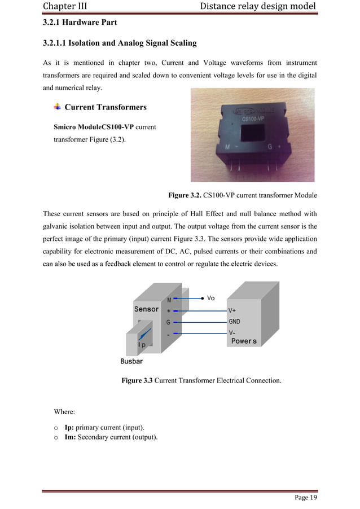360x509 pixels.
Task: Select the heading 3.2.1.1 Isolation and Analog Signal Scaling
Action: click(x=120, y=43)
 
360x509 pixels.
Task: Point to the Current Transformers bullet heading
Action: click(x=106, y=107)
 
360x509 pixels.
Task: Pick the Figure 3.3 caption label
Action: click(x=137, y=381)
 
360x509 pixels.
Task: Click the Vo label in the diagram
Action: click(x=211, y=298)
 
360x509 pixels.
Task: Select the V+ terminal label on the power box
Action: click(x=232, y=310)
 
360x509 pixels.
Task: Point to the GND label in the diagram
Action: click(x=235, y=322)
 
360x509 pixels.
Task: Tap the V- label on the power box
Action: click(x=232, y=333)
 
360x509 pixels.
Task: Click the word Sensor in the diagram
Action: click(x=146, y=309)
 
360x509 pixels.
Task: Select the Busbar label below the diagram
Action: click(x=132, y=361)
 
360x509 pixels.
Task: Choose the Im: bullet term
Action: click(x=70, y=437)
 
